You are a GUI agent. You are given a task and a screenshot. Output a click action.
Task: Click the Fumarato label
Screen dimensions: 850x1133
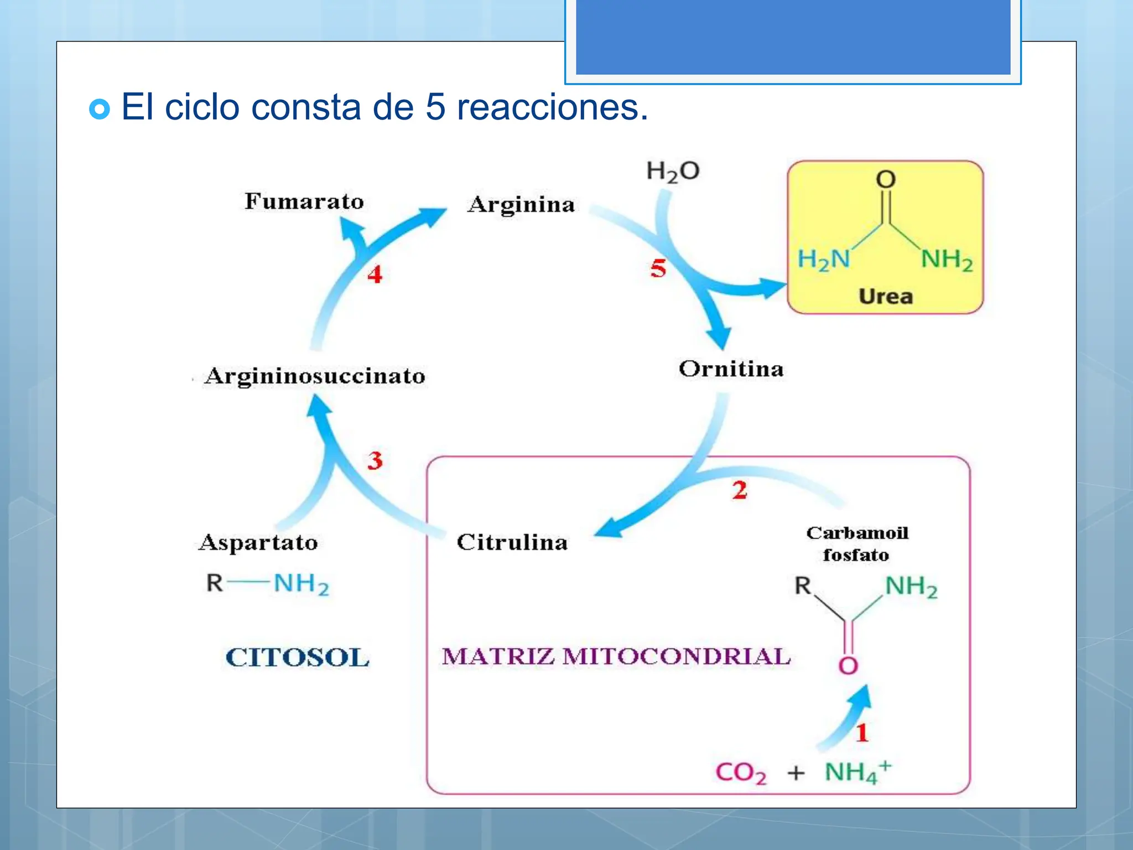(x=304, y=201)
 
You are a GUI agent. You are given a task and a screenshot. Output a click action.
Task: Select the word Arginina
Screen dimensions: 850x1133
(x=521, y=205)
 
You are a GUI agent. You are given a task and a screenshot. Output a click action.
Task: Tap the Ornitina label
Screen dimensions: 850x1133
(x=731, y=369)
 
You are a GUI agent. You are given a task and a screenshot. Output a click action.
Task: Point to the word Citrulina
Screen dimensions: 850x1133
(x=512, y=542)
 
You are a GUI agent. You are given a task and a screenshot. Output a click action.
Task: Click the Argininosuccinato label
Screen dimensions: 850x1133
(x=315, y=376)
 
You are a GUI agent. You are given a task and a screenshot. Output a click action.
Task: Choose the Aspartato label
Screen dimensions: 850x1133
(x=258, y=543)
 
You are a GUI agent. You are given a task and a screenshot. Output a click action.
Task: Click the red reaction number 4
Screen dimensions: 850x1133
(x=375, y=274)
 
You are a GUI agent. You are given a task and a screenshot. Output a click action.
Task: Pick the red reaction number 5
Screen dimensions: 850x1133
(x=658, y=269)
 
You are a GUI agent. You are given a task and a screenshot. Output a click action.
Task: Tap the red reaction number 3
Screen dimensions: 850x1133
(x=375, y=460)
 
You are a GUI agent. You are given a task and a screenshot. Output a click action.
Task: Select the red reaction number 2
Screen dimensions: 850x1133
(x=740, y=490)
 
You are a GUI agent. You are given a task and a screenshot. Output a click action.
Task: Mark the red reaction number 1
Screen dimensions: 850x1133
(x=862, y=733)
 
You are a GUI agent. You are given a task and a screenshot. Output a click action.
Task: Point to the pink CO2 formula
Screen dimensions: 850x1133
(x=741, y=773)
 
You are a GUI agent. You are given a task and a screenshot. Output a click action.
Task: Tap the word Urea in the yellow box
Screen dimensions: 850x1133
(x=885, y=297)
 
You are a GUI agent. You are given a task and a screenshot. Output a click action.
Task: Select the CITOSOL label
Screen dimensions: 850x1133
(x=297, y=658)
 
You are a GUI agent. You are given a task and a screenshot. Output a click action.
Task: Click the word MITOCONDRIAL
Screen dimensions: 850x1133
(x=676, y=657)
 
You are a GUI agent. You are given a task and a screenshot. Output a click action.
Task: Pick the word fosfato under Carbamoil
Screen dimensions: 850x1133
(x=856, y=555)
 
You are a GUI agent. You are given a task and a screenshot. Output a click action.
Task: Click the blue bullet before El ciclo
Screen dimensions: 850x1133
(x=100, y=109)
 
